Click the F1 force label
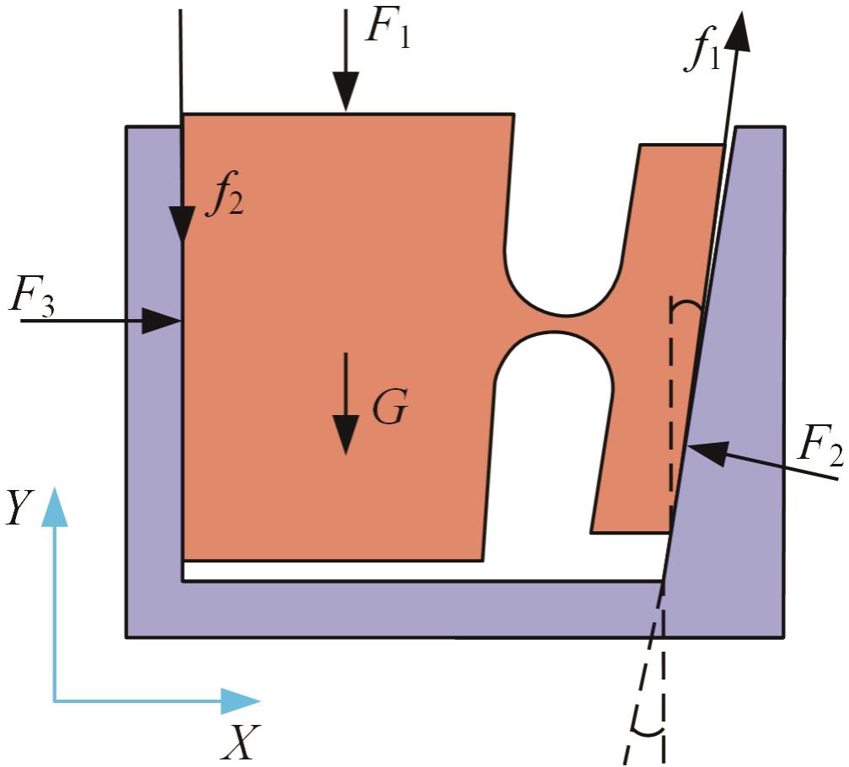pos(388,30)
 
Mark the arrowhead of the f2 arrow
pos(182,226)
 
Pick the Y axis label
pos(19,510)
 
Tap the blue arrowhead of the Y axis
pos(55,505)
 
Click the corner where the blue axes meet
pos(55,700)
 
